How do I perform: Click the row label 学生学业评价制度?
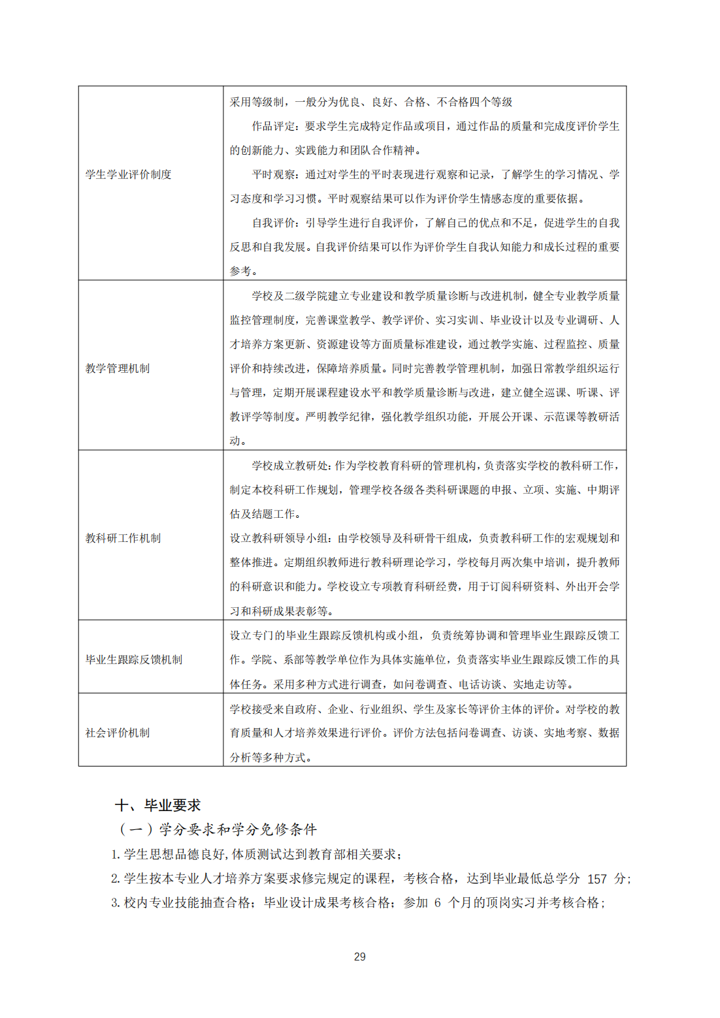tap(128, 174)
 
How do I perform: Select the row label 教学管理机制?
tap(118, 368)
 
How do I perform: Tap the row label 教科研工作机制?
tap(123, 538)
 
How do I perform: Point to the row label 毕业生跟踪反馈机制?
tap(133, 660)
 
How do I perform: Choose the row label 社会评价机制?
tap(118, 733)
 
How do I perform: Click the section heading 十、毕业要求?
tap(157, 805)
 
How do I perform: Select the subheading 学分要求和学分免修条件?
tap(237, 829)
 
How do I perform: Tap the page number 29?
tap(359, 957)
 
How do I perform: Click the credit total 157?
tap(597, 879)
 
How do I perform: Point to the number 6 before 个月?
tap(437, 903)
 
